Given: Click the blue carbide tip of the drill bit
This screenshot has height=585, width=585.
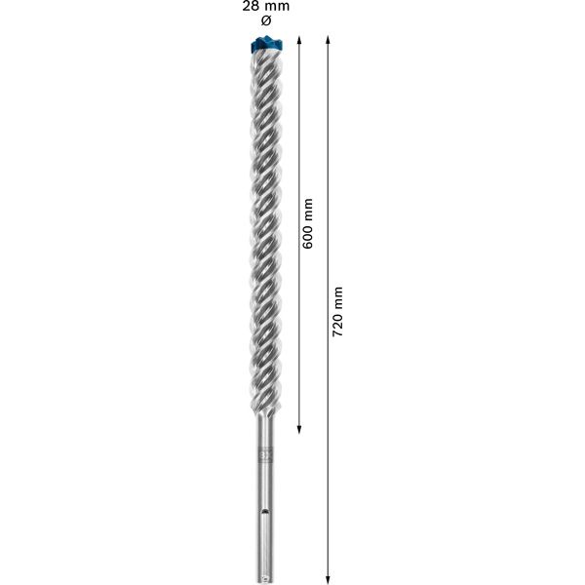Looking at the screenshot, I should [266, 42].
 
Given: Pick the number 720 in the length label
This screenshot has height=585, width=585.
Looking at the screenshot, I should [338, 326].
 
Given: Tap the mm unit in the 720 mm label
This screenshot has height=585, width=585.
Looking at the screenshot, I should [338, 295].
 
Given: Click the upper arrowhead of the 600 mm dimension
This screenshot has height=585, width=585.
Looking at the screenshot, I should [298, 40].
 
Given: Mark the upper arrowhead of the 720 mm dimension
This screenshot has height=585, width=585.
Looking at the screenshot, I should [329, 40].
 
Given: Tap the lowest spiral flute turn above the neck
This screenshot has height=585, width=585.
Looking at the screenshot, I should [266, 405].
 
